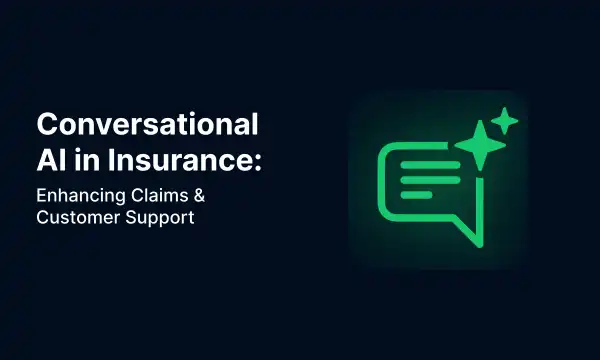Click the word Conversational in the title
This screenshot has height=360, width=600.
point(148,126)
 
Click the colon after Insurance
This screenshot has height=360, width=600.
point(256,160)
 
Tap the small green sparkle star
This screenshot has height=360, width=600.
point(506,121)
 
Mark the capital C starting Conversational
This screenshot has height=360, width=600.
point(48,126)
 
